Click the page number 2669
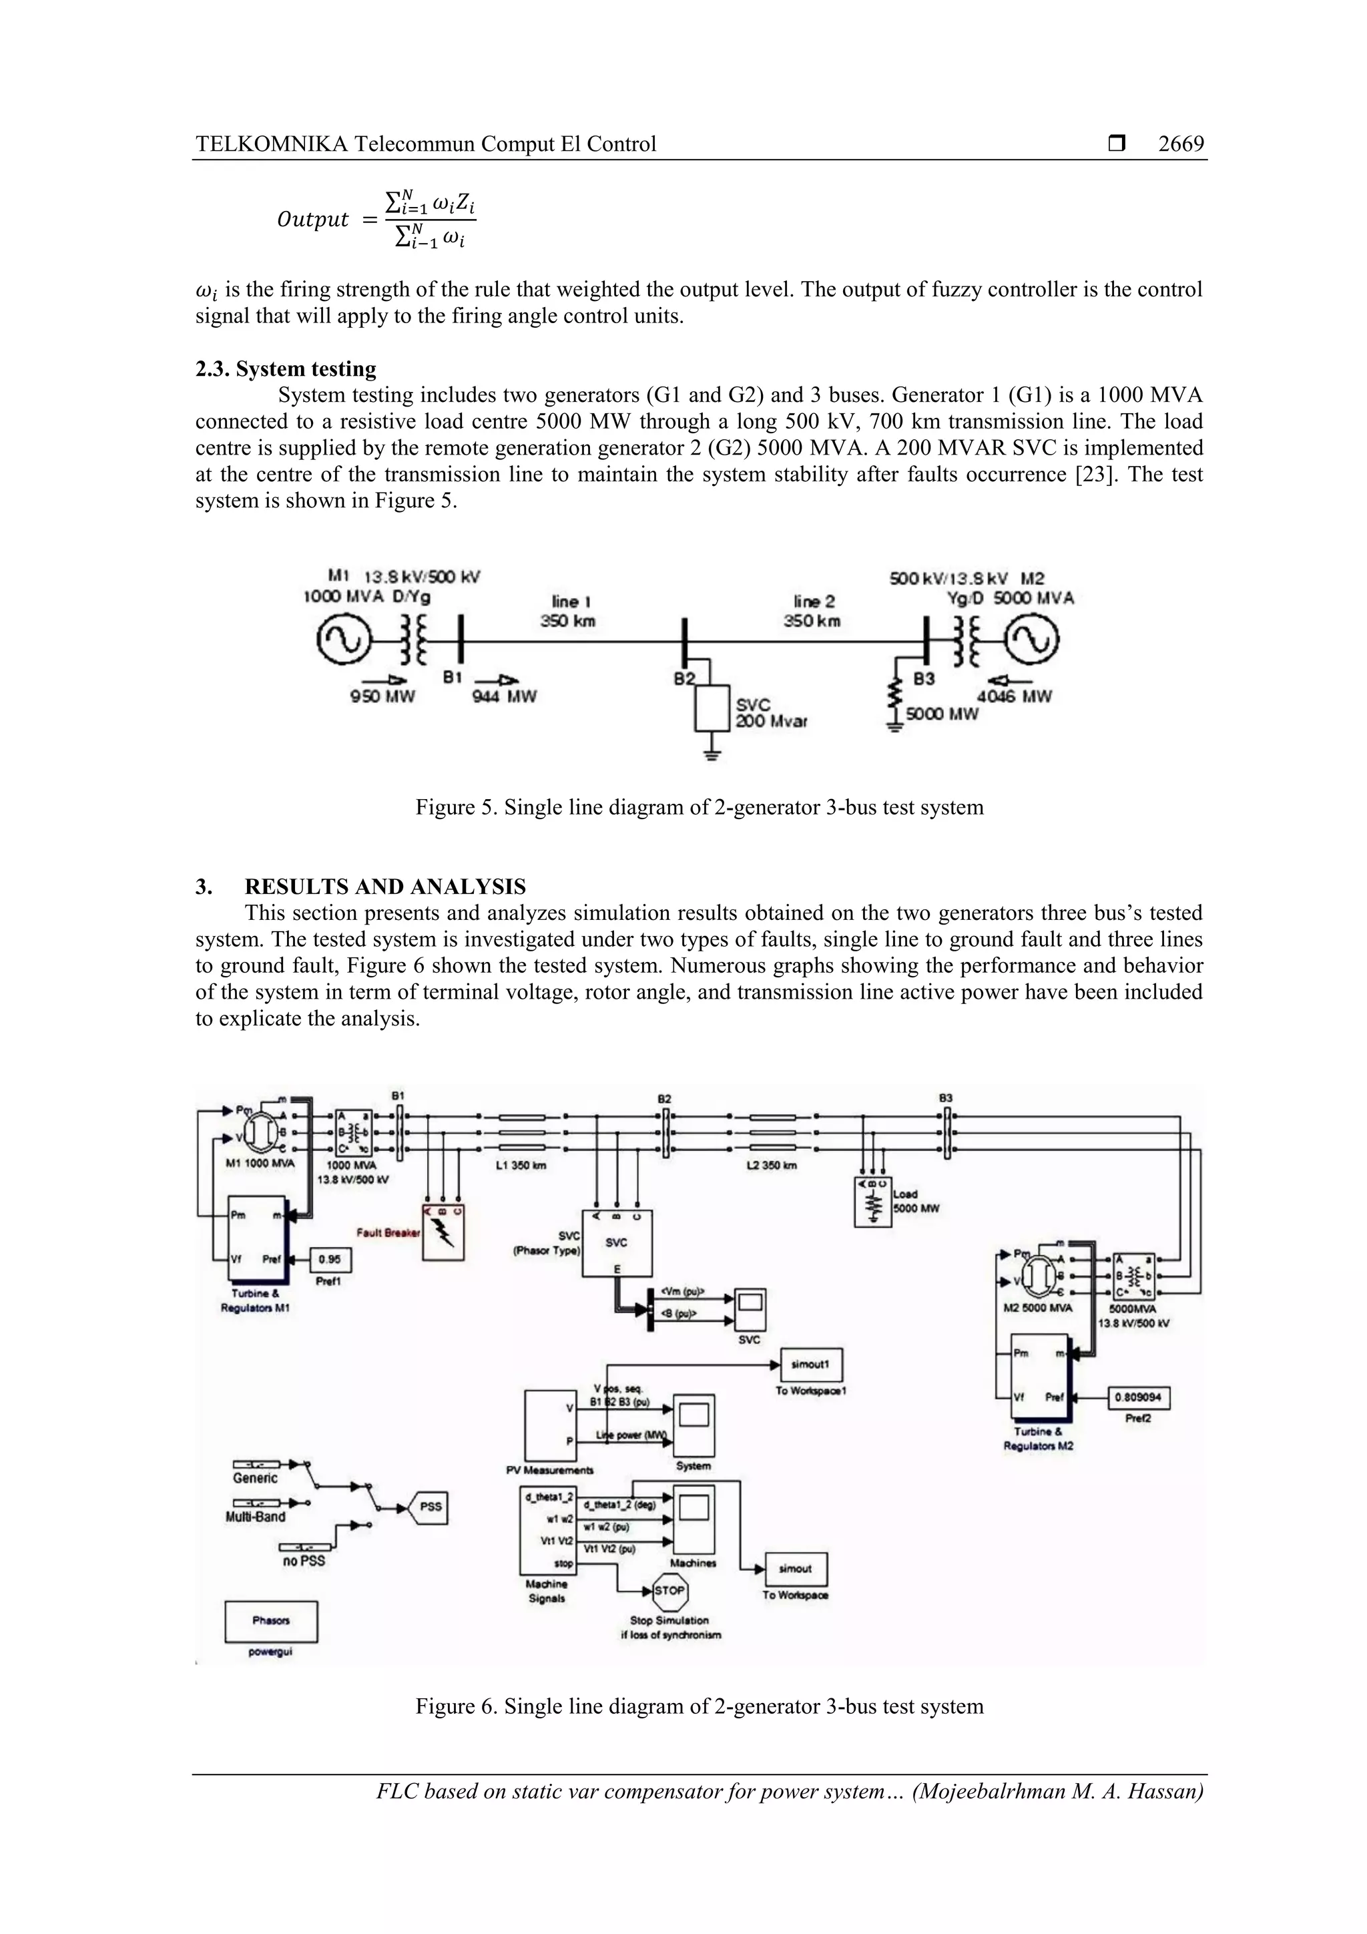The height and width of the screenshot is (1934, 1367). click(x=1180, y=144)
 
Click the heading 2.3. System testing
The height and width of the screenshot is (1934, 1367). click(x=286, y=369)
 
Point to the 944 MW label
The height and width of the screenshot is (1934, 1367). click(x=504, y=696)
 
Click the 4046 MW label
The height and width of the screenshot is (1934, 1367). click(x=1013, y=696)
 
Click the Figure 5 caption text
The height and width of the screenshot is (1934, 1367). click(x=699, y=808)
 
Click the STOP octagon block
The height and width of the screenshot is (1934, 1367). click(x=670, y=1590)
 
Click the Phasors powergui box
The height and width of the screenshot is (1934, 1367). click(x=271, y=1622)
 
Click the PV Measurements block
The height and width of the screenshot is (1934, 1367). click(x=550, y=1426)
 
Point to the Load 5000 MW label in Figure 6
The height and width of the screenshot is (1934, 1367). click(x=916, y=1201)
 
